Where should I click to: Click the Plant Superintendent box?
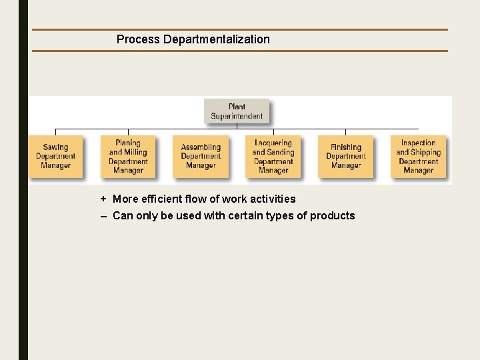[237, 111]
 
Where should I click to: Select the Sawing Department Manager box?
[55, 157]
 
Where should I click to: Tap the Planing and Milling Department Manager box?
[128, 157]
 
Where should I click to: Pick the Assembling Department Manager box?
[201, 157]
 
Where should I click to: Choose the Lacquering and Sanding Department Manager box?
[273, 157]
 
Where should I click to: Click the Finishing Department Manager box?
[345, 157]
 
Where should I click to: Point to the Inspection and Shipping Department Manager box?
[418, 157]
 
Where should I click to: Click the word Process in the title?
[138, 39]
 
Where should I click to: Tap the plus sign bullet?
[103, 199]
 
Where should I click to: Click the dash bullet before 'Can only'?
[103, 216]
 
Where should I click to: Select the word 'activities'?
[273, 199]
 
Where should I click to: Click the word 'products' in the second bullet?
[333, 215]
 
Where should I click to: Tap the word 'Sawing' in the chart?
[55, 147]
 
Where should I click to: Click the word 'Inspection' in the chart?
[418, 143]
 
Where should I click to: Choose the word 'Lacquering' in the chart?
[273, 143]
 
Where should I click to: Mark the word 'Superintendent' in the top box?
[237, 116]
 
